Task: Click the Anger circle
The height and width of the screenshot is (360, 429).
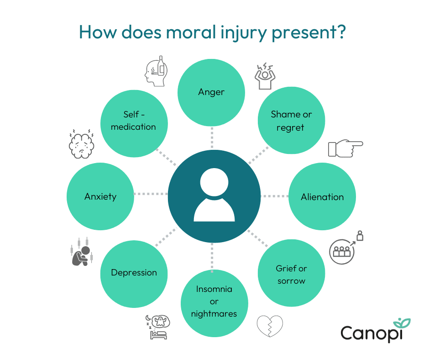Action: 211,92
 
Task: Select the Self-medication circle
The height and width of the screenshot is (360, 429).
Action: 134,121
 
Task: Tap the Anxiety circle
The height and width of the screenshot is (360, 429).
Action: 100,197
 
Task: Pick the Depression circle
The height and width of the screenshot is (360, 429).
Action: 134,273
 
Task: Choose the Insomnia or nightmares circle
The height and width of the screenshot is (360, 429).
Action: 214,302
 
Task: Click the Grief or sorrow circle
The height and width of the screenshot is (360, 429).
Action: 291,274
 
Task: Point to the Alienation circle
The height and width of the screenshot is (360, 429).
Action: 322,197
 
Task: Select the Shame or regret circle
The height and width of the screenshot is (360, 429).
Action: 291,121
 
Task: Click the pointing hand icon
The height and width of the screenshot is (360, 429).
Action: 345,148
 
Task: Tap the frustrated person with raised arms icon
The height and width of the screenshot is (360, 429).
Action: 265,76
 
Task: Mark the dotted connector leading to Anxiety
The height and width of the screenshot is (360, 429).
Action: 151,194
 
